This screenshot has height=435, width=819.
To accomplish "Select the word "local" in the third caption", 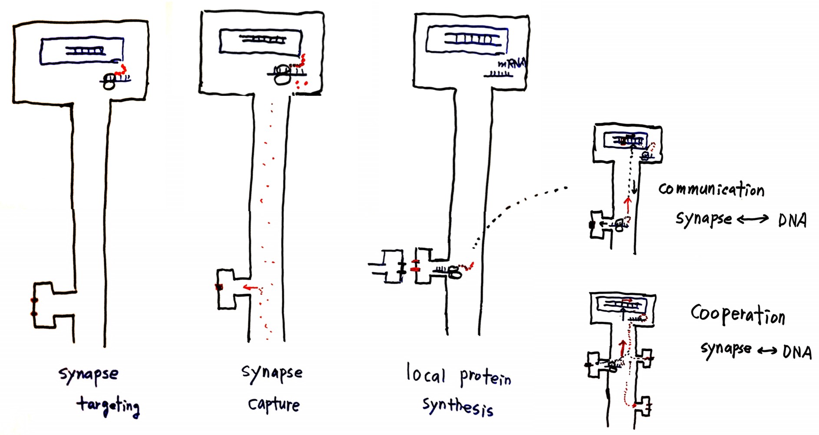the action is coord(426,374).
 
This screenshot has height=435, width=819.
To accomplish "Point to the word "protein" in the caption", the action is coord(485,378).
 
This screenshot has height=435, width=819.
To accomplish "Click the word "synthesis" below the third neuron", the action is coord(458,406).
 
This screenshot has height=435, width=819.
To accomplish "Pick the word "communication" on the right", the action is coord(711,190).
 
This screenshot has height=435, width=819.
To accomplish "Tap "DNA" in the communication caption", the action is coord(792,220).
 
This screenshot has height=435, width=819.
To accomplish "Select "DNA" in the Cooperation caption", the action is coord(797,351).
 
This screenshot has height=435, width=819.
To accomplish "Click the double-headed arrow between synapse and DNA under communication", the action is coord(753,219).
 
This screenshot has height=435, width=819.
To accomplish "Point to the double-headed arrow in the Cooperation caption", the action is coord(767,350).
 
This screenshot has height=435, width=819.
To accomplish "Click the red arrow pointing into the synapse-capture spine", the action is coord(251,287).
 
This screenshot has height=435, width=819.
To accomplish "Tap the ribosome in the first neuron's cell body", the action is coord(109,81).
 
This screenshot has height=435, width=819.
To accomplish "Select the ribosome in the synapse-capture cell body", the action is coord(283,74).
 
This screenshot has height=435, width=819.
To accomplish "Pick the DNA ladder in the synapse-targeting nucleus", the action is coord(85,51).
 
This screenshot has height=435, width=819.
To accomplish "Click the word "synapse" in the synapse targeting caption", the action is coord(89,374).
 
